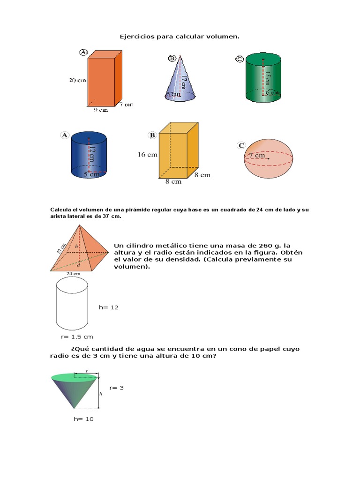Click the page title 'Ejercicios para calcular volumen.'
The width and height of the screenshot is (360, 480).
tap(180, 36)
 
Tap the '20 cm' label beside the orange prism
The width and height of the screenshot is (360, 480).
tap(78, 80)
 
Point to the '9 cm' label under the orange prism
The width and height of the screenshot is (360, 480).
tap(101, 110)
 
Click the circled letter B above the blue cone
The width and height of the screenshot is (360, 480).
tap(172, 59)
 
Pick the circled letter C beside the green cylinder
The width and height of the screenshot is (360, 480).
tap(240, 59)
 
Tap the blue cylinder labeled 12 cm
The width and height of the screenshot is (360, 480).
tap(89, 155)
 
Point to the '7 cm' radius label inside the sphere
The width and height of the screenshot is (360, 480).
tap(257, 155)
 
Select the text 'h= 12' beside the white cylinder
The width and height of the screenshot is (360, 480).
tap(109, 307)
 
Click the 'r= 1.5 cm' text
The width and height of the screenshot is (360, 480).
tap(77, 337)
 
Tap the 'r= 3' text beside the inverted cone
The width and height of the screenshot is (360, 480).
tap(116, 388)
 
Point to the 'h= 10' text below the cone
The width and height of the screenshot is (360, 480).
tap(83, 419)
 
